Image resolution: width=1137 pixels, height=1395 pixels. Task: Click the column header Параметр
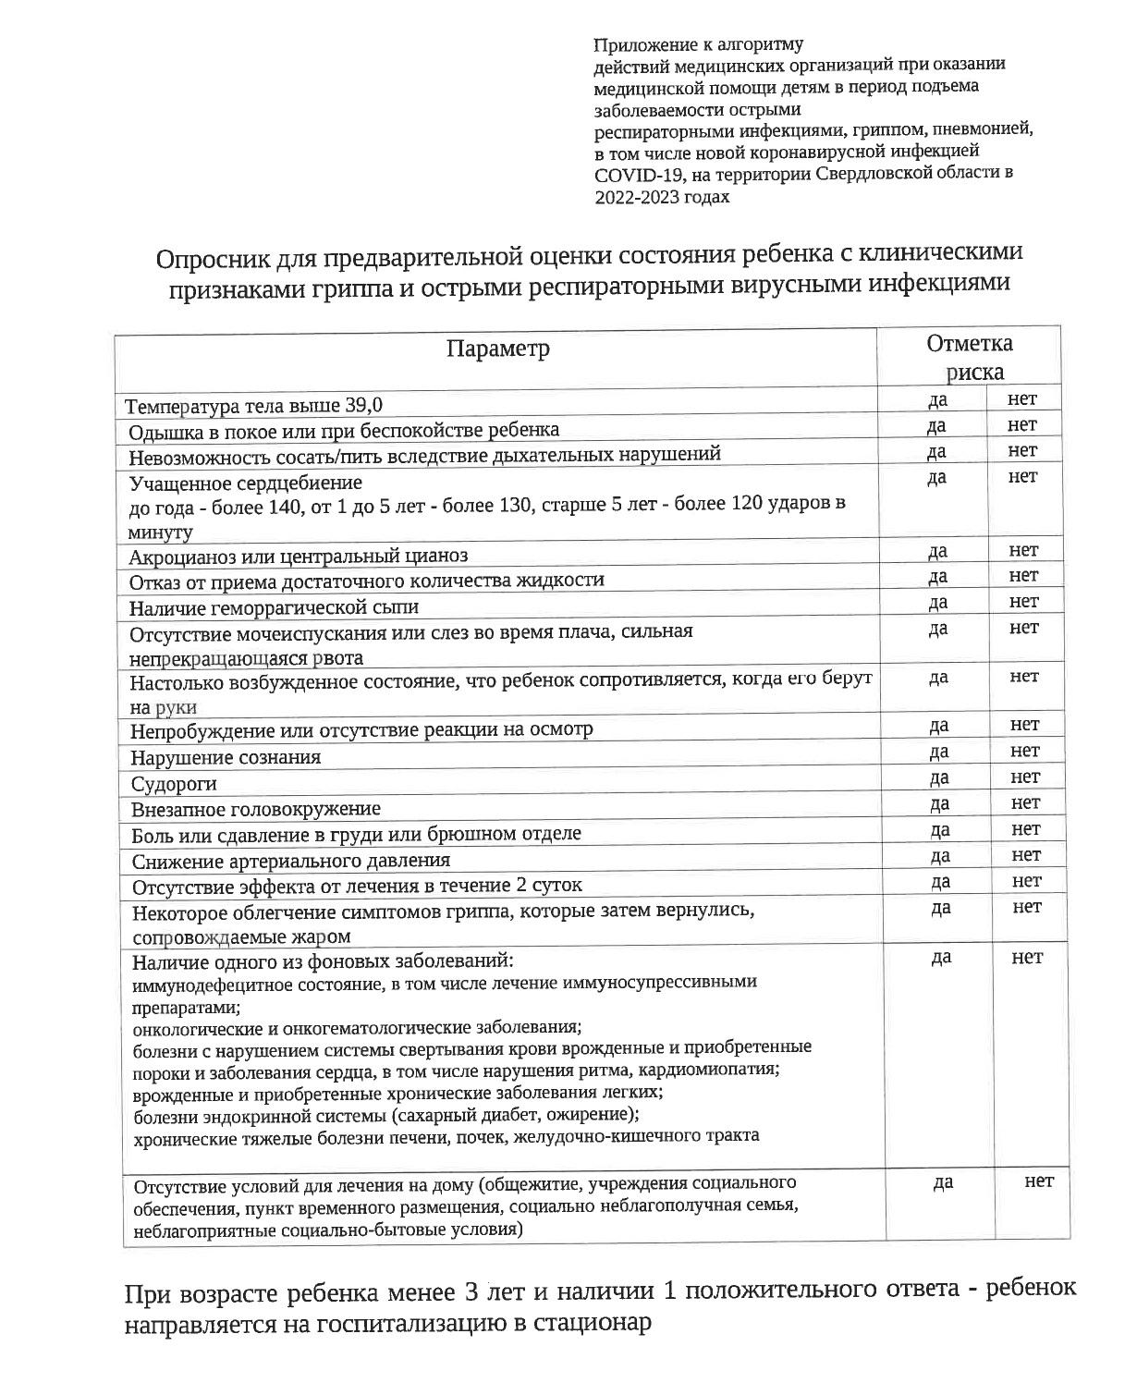(x=497, y=349)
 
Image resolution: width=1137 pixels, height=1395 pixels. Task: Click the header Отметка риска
(x=970, y=357)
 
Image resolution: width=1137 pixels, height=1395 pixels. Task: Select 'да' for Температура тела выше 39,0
(x=935, y=399)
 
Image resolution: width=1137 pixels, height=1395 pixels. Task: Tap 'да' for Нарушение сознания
(x=938, y=752)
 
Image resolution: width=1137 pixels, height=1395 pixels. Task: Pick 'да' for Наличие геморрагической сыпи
(x=937, y=603)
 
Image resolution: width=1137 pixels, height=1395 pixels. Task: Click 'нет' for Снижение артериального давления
(x=1026, y=855)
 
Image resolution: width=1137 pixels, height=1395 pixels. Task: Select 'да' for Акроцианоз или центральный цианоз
(x=937, y=552)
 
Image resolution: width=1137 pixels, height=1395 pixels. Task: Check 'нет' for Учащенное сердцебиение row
(x=1022, y=477)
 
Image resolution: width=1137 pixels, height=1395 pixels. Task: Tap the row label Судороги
(x=175, y=784)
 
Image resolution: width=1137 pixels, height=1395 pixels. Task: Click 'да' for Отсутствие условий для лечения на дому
(x=943, y=1182)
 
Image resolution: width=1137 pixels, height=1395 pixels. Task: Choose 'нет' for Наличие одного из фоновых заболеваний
(x=1027, y=958)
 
